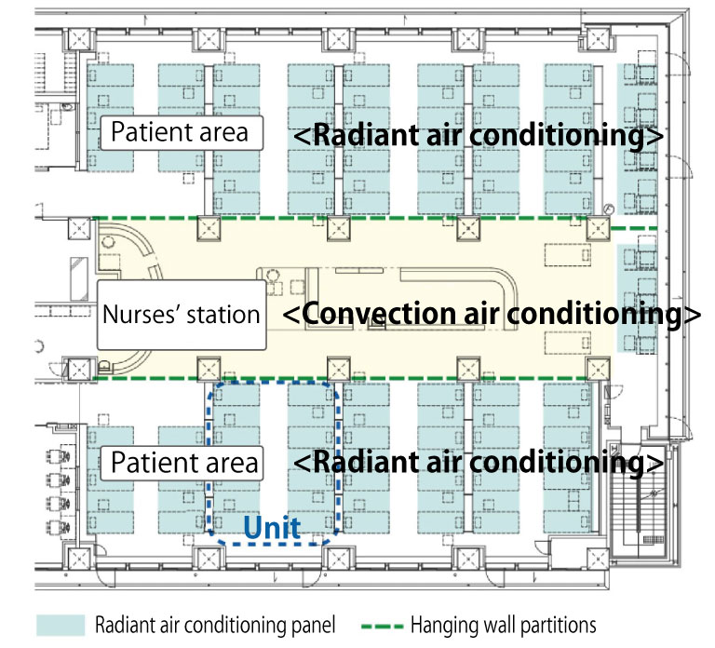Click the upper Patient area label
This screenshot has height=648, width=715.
click(180, 131)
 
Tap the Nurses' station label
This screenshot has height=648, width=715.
click(181, 314)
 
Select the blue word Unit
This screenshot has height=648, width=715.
click(272, 530)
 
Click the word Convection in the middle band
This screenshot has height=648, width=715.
click(377, 315)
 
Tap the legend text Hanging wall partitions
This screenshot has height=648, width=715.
click(503, 625)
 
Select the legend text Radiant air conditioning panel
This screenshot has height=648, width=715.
click(214, 625)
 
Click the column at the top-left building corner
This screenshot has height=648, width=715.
click(81, 41)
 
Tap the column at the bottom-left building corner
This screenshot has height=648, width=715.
click(77, 560)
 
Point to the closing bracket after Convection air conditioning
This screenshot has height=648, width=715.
click(690, 315)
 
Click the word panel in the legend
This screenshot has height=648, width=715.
click(312, 625)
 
